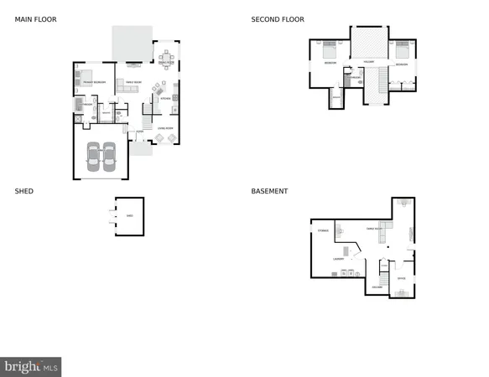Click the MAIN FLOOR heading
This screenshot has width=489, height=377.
(36, 19)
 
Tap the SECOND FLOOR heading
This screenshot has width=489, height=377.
(278, 19)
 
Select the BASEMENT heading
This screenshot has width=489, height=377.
(269, 191)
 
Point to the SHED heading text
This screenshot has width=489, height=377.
(24, 191)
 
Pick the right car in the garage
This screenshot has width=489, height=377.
(108, 157)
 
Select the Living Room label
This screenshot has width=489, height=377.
(165, 127)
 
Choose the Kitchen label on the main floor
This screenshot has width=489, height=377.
(165, 99)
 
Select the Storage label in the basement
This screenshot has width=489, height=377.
(323, 230)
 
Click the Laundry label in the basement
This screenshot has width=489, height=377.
(339, 259)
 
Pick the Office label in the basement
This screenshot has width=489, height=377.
(401, 277)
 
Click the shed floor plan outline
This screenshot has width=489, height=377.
(130, 216)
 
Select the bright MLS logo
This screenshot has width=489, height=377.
(31, 366)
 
